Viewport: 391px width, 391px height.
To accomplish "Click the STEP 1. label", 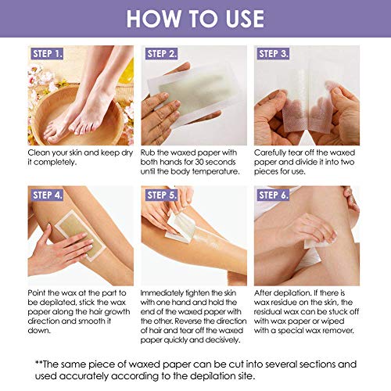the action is point(47,54).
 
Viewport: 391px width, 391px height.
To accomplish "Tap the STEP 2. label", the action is point(161,54).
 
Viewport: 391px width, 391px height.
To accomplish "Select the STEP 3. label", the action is point(273,54).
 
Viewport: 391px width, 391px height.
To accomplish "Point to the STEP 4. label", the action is point(47,195).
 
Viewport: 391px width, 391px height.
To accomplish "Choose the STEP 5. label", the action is point(161,195).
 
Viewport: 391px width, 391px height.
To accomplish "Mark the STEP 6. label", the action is point(273,195).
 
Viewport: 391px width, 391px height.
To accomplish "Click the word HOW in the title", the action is point(154,19).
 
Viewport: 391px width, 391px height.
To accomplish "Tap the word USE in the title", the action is point(245,19).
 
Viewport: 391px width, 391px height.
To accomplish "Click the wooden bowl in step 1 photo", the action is point(78,117).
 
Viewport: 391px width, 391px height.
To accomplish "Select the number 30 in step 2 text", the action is point(199,162).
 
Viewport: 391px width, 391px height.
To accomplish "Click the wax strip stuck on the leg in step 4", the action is point(80,236).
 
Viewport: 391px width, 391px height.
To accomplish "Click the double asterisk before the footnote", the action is point(38,363).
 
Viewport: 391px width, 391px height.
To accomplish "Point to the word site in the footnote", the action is point(246,376).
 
